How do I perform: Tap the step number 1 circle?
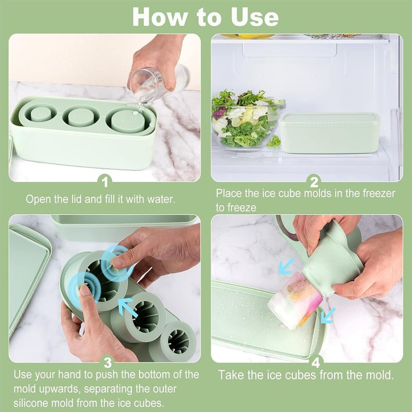point(105,181)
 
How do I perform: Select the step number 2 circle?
point(314,181)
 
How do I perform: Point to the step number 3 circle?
point(105,362)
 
